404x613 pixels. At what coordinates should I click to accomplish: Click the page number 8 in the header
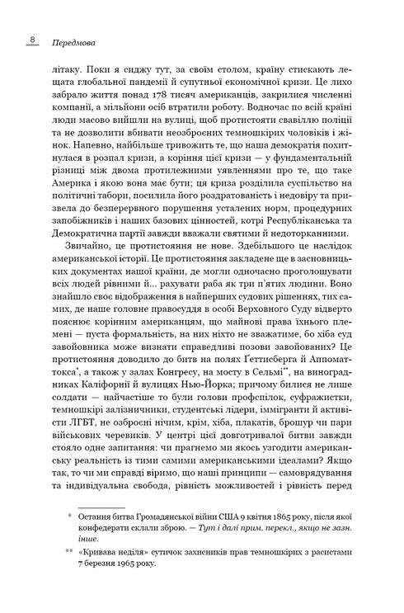30,38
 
